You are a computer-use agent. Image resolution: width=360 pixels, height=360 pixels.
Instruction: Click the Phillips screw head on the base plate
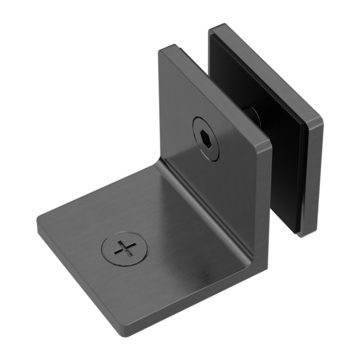[125, 249]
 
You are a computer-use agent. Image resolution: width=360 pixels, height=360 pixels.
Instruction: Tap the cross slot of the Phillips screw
[125, 249]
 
